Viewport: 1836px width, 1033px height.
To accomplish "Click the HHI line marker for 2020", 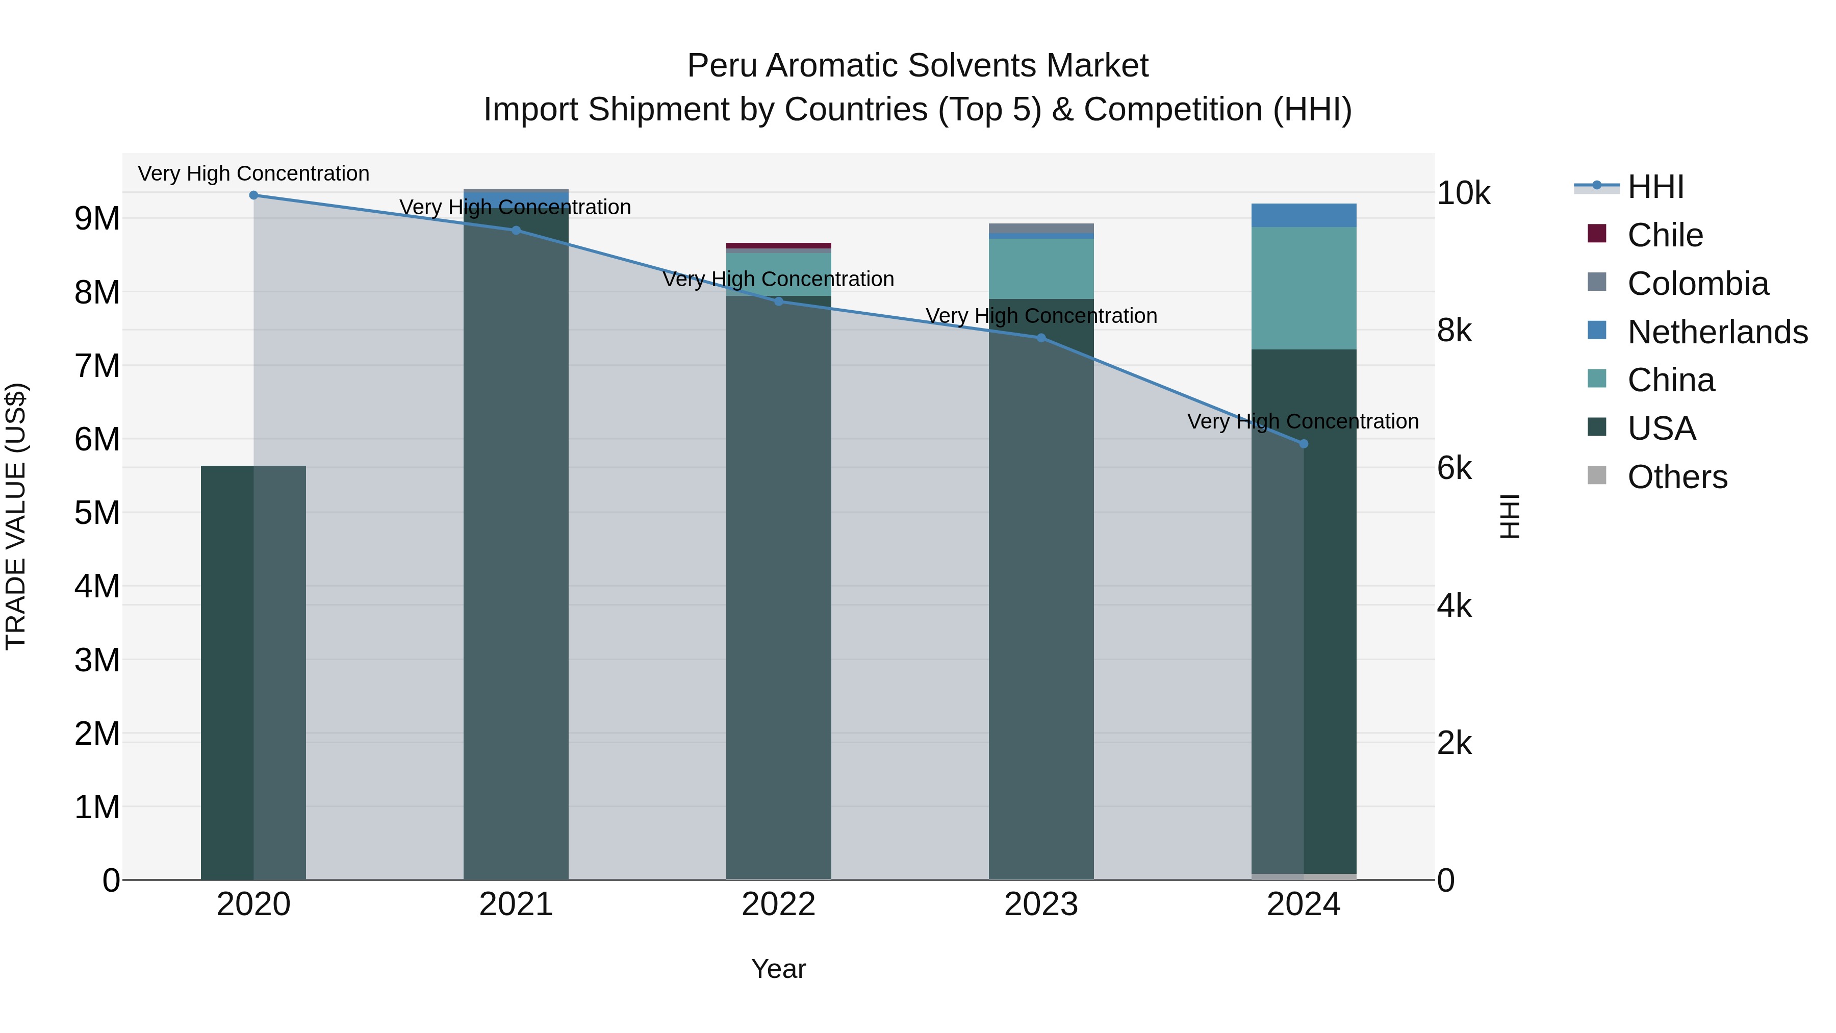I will (x=254, y=195).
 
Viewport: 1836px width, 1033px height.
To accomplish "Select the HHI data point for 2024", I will (x=1304, y=443).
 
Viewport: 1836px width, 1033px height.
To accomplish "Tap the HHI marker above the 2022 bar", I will (x=778, y=301).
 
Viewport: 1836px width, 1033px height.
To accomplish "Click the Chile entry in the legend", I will (x=1665, y=235).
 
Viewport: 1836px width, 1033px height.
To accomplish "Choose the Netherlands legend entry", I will (x=1717, y=332).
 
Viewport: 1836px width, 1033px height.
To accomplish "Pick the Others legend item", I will (x=1677, y=477).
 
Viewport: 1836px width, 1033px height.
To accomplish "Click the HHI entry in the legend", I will (x=1655, y=187).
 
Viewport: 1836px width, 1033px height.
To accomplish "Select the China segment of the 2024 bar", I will (x=1304, y=288).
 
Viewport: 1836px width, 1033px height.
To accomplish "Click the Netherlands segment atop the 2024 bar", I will (x=1304, y=215).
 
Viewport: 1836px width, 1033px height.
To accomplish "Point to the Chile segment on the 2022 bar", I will (x=778, y=245).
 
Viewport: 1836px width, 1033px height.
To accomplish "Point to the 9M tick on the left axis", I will (x=97, y=218).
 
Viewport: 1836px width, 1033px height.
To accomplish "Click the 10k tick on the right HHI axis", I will (x=1463, y=193).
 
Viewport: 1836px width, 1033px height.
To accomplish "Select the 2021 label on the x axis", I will (x=516, y=904).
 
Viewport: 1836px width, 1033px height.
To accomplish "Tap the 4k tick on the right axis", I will (x=1454, y=606).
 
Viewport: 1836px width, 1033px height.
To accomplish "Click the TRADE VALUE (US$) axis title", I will (x=16, y=516).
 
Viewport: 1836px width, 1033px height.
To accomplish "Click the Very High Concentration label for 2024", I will (x=1303, y=421).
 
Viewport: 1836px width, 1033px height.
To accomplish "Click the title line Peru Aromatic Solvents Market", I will (x=917, y=66).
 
